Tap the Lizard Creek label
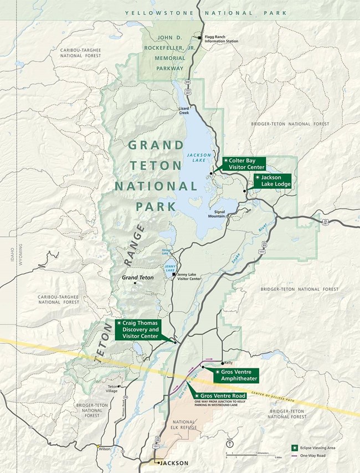click(x=184, y=110)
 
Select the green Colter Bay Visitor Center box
click(x=244, y=163)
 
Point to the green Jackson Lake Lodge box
click(x=271, y=181)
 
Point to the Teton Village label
click(x=113, y=388)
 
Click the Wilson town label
click(x=105, y=449)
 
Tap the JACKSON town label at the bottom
click(x=173, y=463)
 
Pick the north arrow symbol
click(x=230, y=444)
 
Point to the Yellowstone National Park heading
click(x=206, y=12)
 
